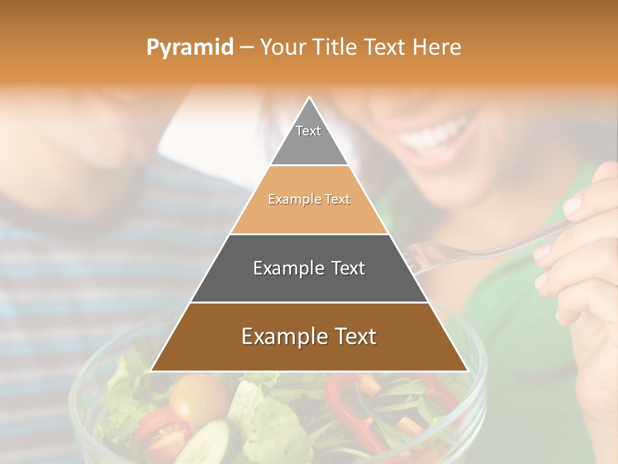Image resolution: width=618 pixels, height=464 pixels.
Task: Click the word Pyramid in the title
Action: pos(189,48)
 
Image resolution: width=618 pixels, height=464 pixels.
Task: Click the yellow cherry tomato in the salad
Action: pos(198,396)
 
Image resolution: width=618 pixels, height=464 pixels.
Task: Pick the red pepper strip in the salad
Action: pos(341,400)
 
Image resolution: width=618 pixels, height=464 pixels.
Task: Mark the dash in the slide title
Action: pos(246,48)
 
